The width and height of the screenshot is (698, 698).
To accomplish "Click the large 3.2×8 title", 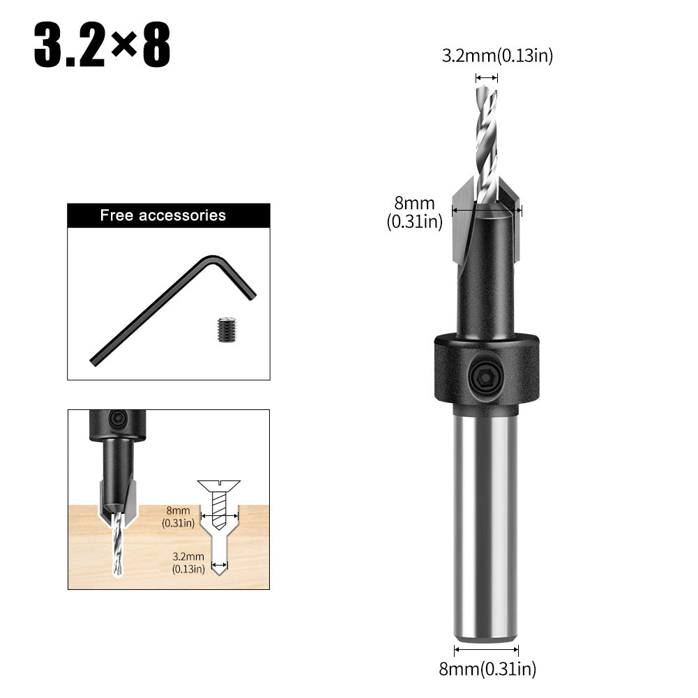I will (x=102, y=47).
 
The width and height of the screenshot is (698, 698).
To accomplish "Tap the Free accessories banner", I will (x=168, y=215).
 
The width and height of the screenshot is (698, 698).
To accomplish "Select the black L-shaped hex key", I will (x=171, y=310).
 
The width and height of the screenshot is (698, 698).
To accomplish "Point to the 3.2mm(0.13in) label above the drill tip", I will (x=497, y=56).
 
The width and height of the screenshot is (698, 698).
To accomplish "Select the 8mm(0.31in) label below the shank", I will (x=487, y=669).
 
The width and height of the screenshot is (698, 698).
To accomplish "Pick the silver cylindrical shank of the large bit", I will (x=486, y=523).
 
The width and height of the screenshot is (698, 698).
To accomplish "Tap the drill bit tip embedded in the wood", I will (x=116, y=551).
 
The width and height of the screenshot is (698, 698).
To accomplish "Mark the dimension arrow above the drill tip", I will (x=486, y=78).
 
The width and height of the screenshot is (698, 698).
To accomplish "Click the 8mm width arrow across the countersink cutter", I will (x=486, y=208).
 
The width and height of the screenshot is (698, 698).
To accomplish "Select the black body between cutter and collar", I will (x=486, y=293).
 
